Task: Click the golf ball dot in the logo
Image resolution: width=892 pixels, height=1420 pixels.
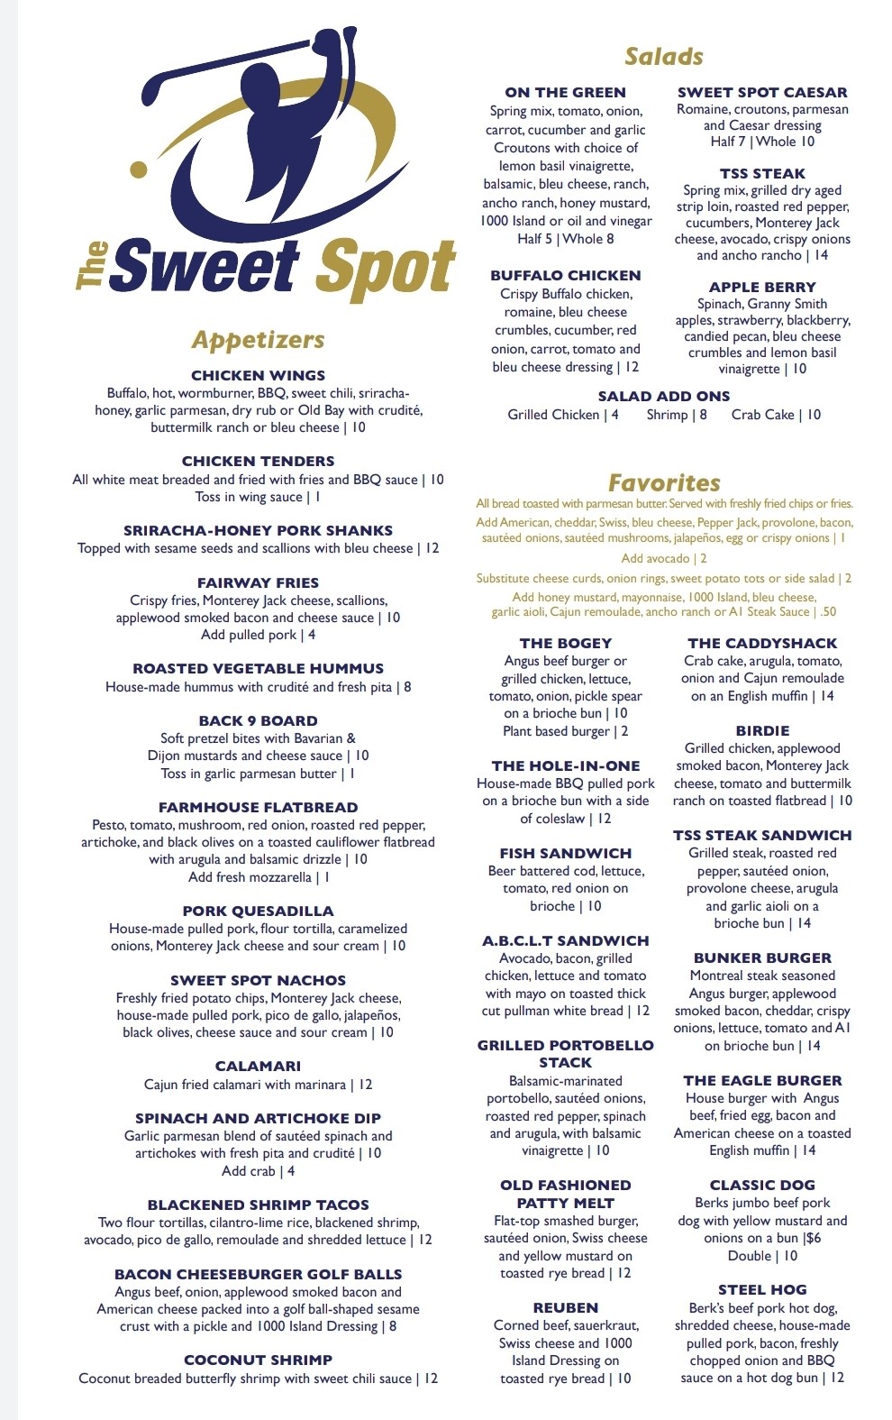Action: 139,169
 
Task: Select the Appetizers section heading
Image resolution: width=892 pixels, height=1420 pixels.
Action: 258,340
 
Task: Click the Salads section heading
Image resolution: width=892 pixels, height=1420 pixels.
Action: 664,57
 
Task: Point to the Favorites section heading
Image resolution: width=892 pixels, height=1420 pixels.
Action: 664,482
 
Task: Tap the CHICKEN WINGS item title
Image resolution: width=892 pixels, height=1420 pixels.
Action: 259,375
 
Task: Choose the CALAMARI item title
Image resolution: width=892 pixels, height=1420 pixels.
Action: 259,1066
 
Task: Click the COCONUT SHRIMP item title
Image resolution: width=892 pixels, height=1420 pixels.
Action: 259,1360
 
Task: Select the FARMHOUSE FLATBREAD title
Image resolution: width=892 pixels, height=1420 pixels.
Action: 259,807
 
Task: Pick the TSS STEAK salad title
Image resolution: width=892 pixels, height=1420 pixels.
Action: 762,173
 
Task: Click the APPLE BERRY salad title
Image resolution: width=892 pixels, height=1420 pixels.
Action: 762,287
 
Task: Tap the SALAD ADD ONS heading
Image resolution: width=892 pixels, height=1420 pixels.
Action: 664,396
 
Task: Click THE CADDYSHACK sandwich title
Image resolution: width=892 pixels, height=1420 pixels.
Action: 762,643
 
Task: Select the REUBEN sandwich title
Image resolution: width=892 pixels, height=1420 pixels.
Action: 566,1307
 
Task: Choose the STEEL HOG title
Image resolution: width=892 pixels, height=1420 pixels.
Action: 762,1289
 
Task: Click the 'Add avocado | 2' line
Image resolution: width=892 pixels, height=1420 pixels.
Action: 664,559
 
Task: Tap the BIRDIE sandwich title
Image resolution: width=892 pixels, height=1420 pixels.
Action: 762,730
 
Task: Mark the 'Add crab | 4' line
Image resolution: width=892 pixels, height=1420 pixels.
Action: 259,1171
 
